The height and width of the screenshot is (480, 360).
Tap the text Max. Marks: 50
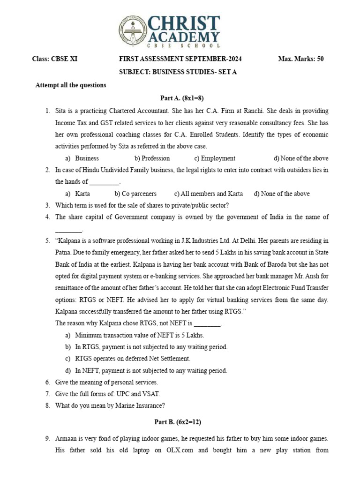point(300,59)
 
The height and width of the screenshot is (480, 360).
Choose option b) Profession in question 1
point(152,158)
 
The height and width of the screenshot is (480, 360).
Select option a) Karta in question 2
point(78,194)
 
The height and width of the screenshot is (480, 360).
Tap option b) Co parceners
point(135,194)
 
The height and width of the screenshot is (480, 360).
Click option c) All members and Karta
point(208,194)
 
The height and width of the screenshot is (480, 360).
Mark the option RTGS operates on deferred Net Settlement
point(132,359)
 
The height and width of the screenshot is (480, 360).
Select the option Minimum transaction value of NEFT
point(139,335)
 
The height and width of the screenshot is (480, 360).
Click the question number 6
point(47,382)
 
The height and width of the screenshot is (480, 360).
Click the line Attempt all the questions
point(71,85)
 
